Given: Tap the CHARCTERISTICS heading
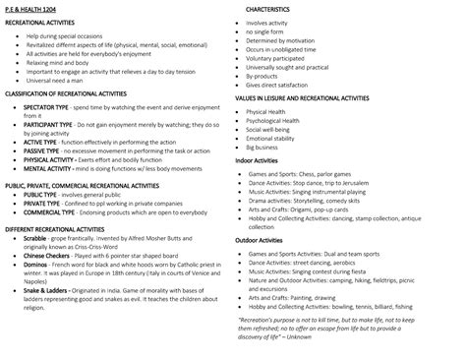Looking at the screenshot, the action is point(279,10).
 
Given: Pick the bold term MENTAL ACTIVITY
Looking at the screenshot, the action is point(50,168).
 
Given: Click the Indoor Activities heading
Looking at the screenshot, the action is point(263,157).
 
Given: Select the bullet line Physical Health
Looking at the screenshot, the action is point(273,112).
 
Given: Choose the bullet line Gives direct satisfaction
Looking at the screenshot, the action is point(283,85).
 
